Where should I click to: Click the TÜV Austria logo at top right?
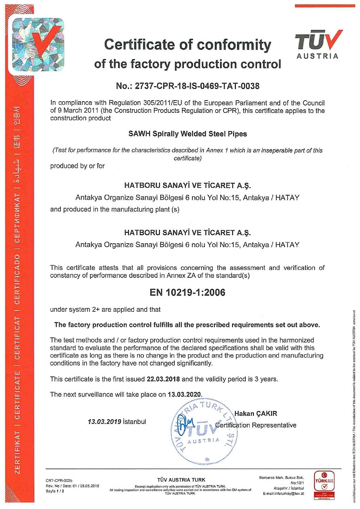click(318, 44)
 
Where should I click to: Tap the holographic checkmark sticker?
click(38, 45)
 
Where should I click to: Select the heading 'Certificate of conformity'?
click(187, 45)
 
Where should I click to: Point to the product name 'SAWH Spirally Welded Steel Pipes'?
click(187, 134)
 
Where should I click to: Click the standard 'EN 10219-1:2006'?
click(187, 292)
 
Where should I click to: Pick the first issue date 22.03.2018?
click(163, 379)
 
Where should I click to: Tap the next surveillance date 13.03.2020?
click(184, 394)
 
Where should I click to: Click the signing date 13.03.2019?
click(104, 422)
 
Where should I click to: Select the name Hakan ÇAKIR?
click(256, 414)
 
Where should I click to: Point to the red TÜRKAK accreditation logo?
click(324, 485)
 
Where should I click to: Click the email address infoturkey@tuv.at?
click(283, 494)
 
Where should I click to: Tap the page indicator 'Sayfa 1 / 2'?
click(55, 491)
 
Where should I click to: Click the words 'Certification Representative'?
click(256, 425)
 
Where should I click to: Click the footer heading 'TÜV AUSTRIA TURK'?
click(181, 480)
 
